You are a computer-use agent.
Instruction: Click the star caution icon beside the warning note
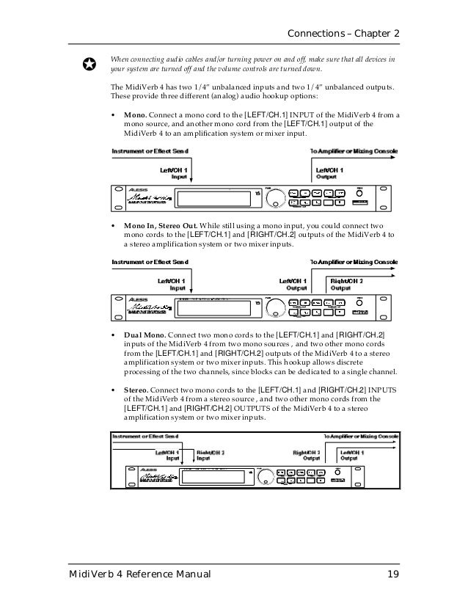[x=88, y=65]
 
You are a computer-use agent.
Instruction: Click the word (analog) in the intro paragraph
[x=220, y=95]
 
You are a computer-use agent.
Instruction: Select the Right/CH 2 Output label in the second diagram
[x=346, y=284]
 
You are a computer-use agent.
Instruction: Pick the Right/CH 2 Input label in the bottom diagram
[x=210, y=456]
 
